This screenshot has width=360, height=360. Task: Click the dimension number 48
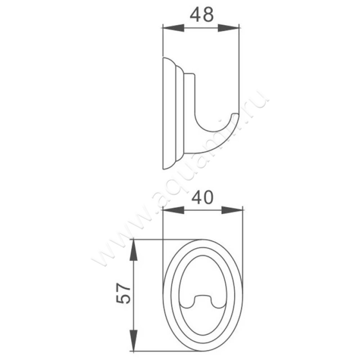pyautogui.click(x=202, y=15)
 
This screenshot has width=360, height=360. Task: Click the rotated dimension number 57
pyautogui.click(x=123, y=294)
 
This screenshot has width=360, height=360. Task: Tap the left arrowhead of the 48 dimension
pyautogui.click(x=173, y=28)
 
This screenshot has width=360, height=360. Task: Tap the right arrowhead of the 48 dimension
pyautogui.click(x=228, y=28)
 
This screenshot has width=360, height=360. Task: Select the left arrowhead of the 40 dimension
pyautogui.click(x=173, y=210)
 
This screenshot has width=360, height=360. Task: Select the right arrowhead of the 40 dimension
pyautogui.click(x=232, y=210)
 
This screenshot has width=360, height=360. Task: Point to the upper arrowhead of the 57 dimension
pyautogui.click(x=134, y=250)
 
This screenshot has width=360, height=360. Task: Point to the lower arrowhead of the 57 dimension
pyautogui.click(x=134, y=340)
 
